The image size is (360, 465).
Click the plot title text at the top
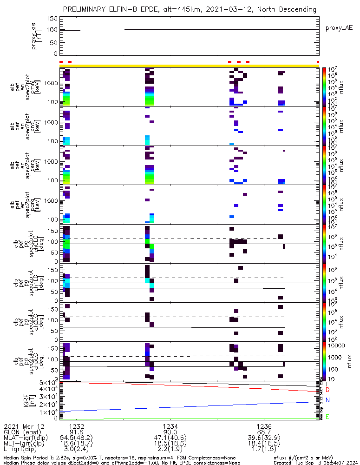click(x=190, y=9)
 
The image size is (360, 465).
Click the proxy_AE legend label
click(x=339, y=28)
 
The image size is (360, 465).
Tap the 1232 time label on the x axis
click(x=77, y=426)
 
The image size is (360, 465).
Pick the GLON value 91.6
click(x=77, y=432)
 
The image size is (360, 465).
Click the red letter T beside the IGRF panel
click(x=327, y=384)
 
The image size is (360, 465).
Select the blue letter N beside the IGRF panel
click(x=327, y=400)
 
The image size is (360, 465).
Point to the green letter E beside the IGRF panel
click(x=327, y=417)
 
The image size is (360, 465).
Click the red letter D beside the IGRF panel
click(x=327, y=390)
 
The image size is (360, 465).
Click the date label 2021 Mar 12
click(x=23, y=426)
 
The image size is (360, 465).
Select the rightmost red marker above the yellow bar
click(x=318, y=62)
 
